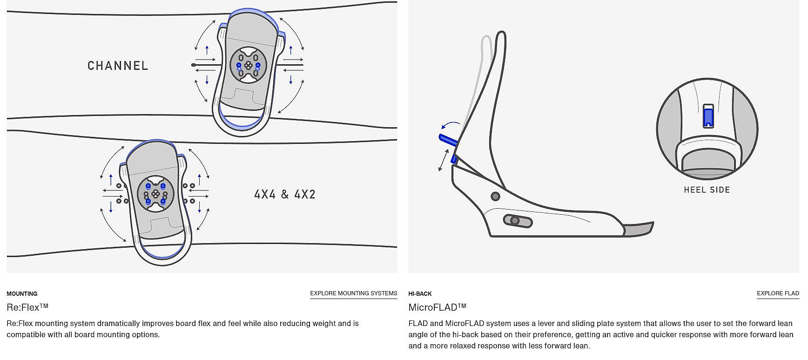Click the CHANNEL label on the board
(x=118, y=66)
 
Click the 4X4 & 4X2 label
(x=285, y=194)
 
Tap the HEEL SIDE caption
(x=707, y=190)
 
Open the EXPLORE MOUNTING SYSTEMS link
(x=354, y=293)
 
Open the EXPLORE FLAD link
(x=778, y=293)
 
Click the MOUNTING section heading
(x=22, y=294)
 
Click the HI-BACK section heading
(x=420, y=294)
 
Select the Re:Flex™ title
(x=27, y=307)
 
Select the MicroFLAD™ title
(x=438, y=307)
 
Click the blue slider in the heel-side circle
(x=708, y=117)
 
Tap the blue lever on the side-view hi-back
(x=448, y=139)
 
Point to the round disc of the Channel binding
(x=249, y=65)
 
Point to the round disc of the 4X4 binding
(x=155, y=194)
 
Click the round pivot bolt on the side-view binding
(x=496, y=197)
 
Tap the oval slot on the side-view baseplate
(x=518, y=221)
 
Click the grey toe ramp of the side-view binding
(x=639, y=229)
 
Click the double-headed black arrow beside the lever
(x=444, y=160)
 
